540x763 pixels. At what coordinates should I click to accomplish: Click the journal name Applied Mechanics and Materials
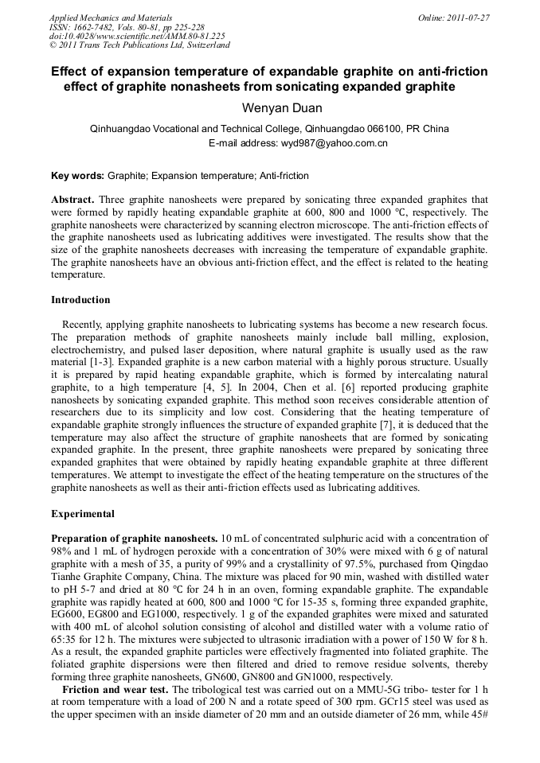111,18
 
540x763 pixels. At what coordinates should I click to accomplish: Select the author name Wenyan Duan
269,107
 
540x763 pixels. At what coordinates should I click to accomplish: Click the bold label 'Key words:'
77,175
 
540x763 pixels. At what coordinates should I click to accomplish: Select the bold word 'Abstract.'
72,199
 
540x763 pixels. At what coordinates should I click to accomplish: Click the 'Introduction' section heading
80,300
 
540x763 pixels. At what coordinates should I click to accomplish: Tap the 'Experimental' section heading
82,513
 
